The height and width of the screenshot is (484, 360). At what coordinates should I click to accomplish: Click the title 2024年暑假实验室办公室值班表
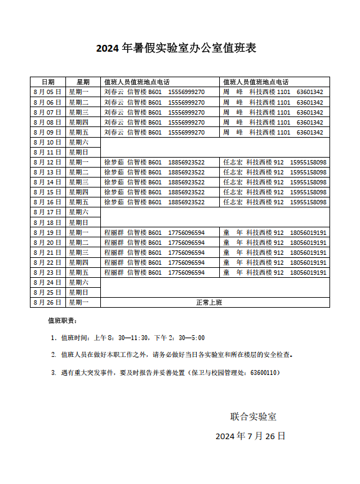coord(176,49)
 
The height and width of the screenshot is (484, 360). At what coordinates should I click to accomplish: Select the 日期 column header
coord(47,82)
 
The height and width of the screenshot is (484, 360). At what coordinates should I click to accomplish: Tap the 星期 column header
coord(83,82)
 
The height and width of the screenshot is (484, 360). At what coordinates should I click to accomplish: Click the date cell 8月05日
coord(47,92)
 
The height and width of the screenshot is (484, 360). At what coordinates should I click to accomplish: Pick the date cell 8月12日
coord(47,162)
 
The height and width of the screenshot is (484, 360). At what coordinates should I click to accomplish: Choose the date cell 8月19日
coord(47,232)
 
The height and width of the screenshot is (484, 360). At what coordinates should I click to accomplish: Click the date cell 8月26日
coord(47,302)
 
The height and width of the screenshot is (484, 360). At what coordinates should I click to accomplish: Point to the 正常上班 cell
coord(209,302)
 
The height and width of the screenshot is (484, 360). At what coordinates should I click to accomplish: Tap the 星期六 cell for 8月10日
coord(78,142)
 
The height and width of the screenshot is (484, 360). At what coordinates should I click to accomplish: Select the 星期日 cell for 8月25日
coord(78,292)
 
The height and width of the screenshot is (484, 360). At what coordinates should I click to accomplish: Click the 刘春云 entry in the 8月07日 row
coord(114,112)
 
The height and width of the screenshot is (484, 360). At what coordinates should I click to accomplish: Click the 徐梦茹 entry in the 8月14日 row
coord(114,182)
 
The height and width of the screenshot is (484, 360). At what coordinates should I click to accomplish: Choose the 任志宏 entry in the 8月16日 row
coord(233,202)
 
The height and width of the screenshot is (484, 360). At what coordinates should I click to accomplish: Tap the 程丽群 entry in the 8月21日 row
coord(114,252)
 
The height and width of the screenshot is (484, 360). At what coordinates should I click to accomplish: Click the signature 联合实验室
coord(253,416)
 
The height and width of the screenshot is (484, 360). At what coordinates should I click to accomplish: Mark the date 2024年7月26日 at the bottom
coord(250,436)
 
